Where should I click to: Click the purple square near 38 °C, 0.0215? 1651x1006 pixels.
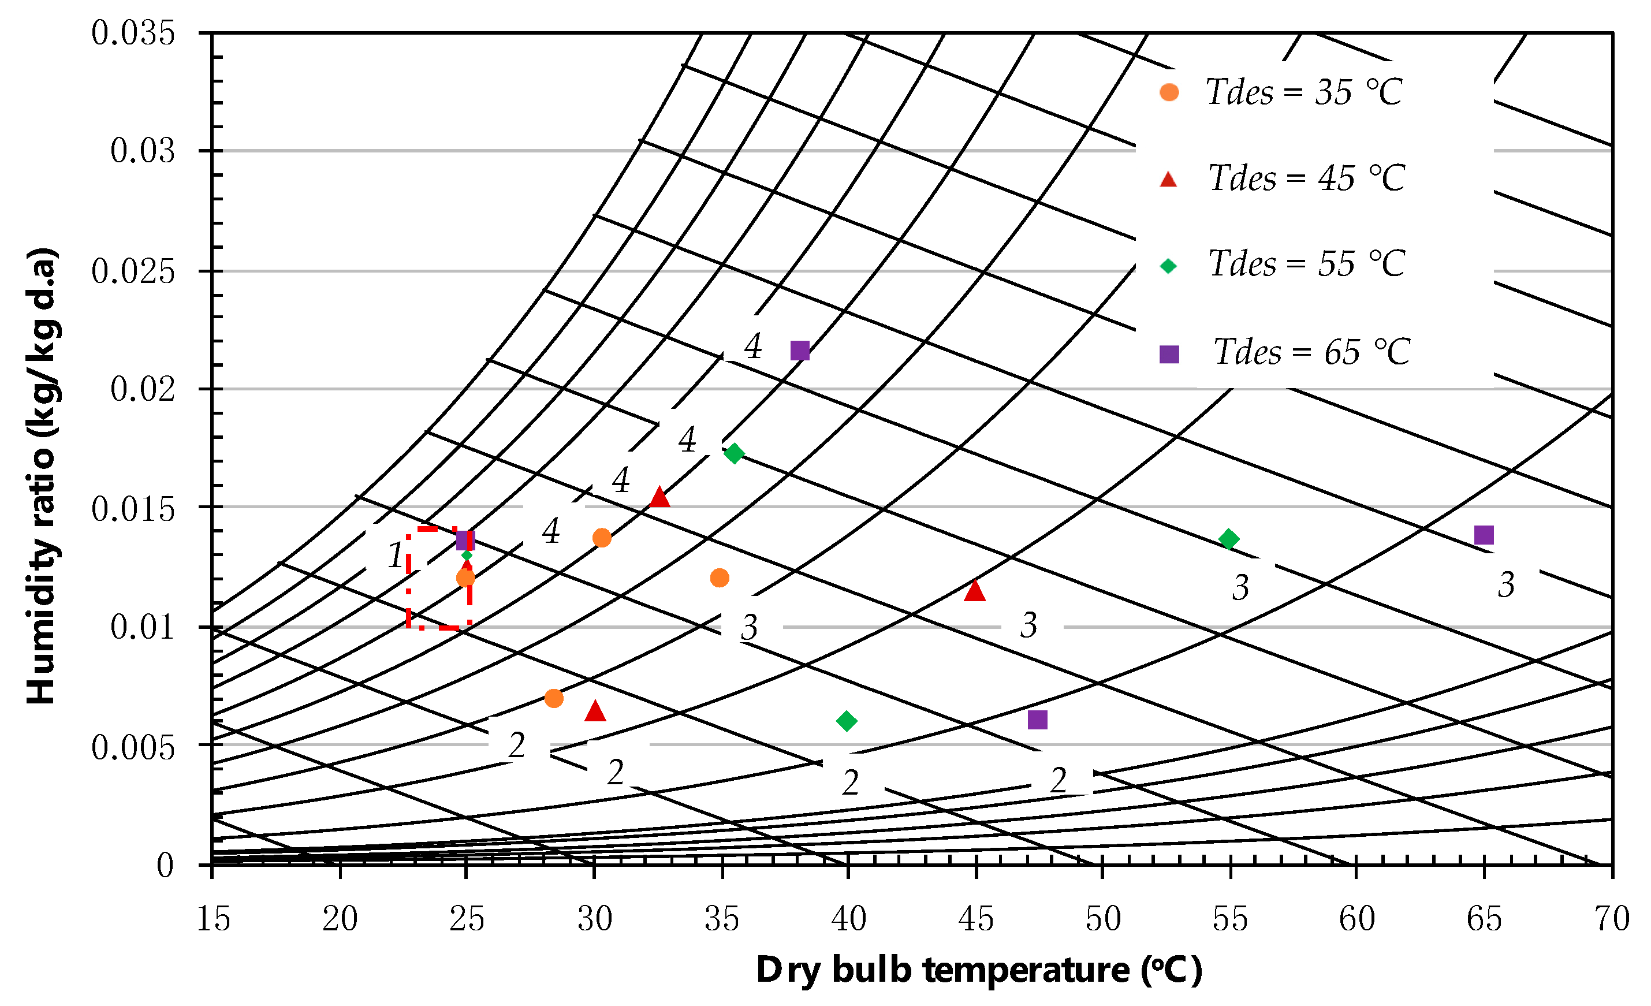tap(799, 351)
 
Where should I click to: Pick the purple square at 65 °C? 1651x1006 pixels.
tap(1484, 535)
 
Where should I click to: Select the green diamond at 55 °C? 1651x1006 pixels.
tap(1228, 539)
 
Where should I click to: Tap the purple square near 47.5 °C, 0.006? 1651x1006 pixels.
tap(1037, 720)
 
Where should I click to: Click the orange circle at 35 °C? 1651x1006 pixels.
tap(720, 577)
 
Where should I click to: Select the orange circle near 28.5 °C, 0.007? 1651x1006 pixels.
tap(553, 698)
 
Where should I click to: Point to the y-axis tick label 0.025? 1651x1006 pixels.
tap(133, 271)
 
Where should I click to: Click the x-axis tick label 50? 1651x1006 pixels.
tap(1103, 919)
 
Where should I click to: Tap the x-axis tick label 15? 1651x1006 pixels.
tap(213, 919)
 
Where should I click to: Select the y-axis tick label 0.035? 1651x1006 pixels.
tap(133, 33)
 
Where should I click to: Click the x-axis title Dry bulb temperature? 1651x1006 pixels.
tap(978, 970)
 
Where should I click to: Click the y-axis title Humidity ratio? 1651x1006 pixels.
tap(42, 476)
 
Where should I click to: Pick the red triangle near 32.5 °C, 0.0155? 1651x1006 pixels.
tap(659, 497)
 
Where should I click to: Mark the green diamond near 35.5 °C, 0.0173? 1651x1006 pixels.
tap(735, 454)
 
